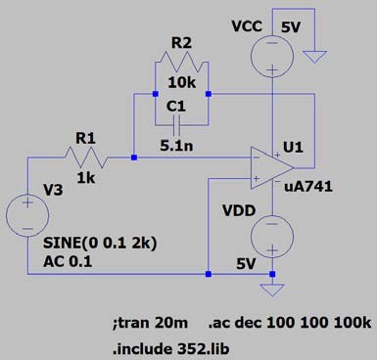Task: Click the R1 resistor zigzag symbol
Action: click(86, 157)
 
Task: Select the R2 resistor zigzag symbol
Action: click(182, 63)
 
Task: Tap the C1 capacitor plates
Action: click(176, 125)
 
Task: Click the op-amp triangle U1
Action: click(272, 168)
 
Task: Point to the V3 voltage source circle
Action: click(27, 215)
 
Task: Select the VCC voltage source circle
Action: click(272, 56)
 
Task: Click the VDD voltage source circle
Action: click(272, 237)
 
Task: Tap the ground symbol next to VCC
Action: click(314, 57)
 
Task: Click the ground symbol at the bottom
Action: click(272, 290)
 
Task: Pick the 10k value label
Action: click(182, 83)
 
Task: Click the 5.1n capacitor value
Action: click(176, 146)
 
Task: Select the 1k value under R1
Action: click(86, 178)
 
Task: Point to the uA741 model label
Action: click(308, 187)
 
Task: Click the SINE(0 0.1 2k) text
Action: click(100, 243)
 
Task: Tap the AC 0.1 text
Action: click(68, 261)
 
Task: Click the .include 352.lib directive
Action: click(170, 349)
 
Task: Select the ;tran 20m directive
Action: click(150, 323)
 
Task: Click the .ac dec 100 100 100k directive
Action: click(290, 323)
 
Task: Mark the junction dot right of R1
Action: click(134, 157)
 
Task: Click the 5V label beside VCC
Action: click(291, 27)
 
